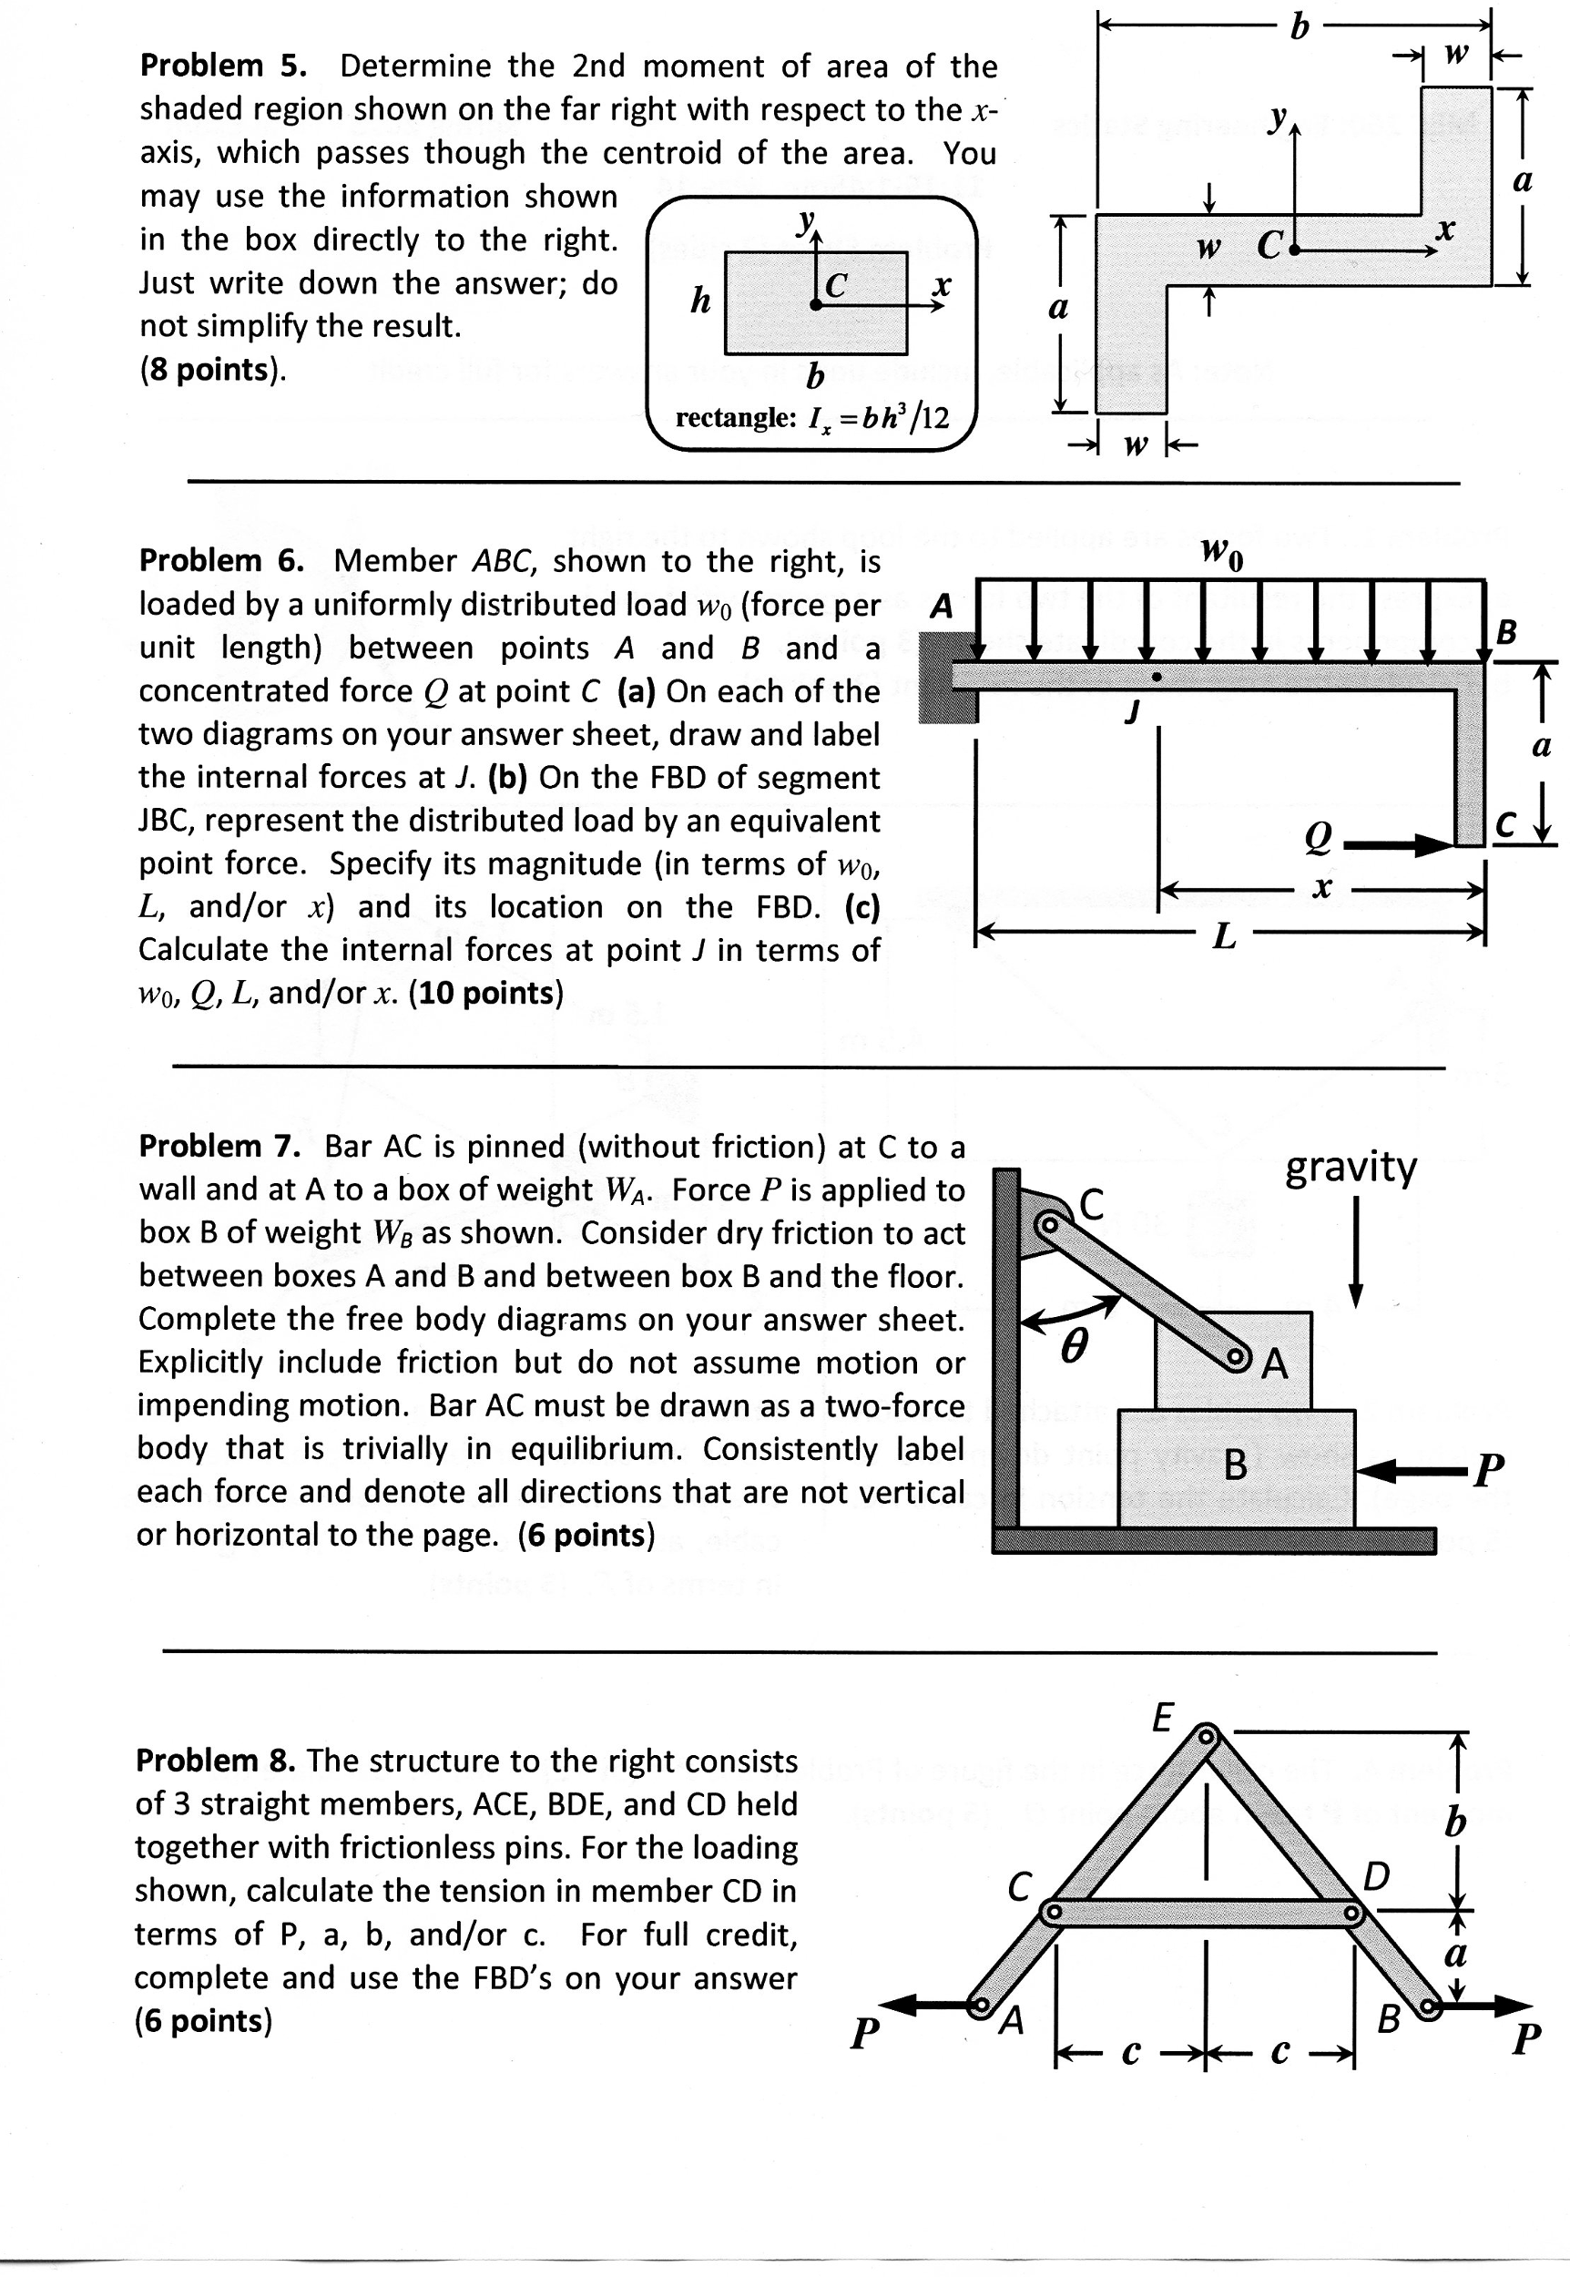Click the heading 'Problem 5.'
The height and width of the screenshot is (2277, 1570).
coord(222,66)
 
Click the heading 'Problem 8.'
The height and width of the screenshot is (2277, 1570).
coord(216,1760)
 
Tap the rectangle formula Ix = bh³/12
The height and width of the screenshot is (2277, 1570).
coord(812,418)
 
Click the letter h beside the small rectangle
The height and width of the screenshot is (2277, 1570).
coord(699,300)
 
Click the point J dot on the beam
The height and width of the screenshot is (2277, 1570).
coord(1157,677)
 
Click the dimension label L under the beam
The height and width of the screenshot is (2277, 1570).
coord(1223,935)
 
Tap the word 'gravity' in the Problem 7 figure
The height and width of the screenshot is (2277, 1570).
coord(1351,1167)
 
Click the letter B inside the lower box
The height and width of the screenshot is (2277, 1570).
coord(1236,1466)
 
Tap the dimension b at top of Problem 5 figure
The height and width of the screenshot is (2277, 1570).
coord(1299,26)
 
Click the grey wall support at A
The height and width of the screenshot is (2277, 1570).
coord(946,678)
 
